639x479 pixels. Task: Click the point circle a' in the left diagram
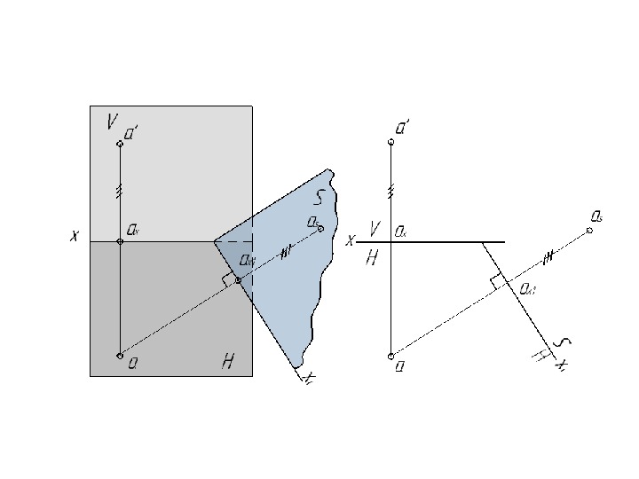click(120, 143)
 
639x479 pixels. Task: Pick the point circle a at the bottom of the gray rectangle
click(120, 356)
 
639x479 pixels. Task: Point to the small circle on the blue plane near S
click(320, 229)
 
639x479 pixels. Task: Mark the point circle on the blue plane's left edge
click(238, 280)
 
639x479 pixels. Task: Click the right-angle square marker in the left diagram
click(229, 279)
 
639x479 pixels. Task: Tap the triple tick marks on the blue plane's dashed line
click(286, 252)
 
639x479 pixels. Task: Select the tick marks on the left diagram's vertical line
click(120, 190)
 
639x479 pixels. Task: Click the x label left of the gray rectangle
click(77, 237)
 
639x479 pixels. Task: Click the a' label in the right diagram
click(402, 129)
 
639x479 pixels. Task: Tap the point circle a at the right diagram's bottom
click(390, 356)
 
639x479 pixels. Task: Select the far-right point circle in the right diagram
click(589, 230)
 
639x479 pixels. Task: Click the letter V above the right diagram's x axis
click(375, 229)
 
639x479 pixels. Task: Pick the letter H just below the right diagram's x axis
click(372, 257)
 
